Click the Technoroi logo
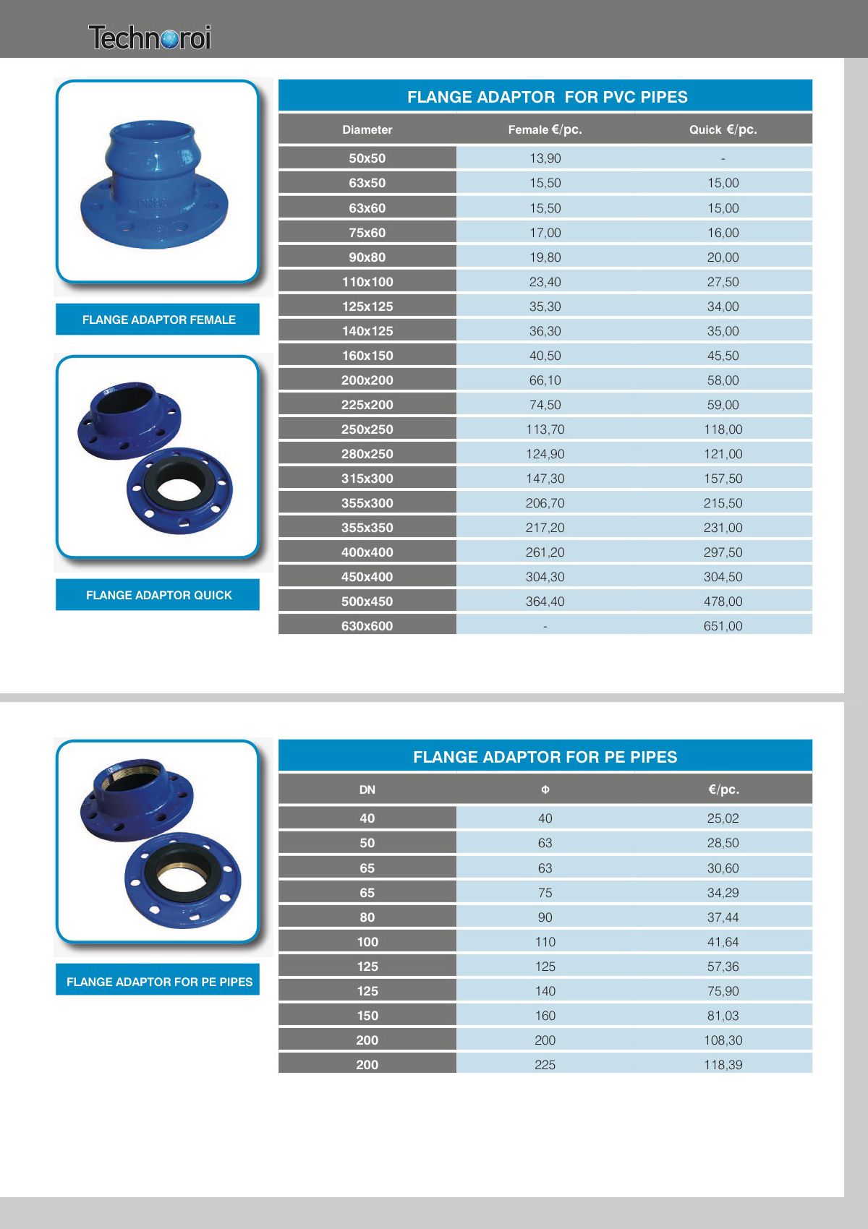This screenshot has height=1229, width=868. [x=150, y=38]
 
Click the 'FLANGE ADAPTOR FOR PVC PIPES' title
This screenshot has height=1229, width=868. [x=547, y=97]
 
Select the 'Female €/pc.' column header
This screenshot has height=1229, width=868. [x=545, y=130]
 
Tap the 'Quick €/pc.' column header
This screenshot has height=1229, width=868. [x=723, y=130]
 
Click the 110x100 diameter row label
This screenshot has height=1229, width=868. [x=367, y=282]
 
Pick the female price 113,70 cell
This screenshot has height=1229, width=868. [x=545, y=429]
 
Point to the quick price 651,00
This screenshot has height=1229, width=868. [x=723, y=626]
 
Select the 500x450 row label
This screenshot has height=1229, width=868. [x=367, y=601]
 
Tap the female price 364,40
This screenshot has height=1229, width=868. [x=545, y=601]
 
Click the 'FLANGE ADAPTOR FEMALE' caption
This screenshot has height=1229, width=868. [x=158, y=320]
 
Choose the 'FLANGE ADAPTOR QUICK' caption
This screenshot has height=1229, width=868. [x=158, y=595]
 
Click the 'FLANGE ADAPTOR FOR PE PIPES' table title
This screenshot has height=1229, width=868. [x=545, y=757]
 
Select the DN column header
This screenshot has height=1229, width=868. [x=367, y=789]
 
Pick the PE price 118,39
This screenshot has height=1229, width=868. [x=723, y=1065]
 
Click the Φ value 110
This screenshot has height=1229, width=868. [x=545, y=942]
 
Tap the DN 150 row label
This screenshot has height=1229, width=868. [x=367, y=1016]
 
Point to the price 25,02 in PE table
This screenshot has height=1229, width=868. [x=723, y=818]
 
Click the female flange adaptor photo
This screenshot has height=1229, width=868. [x=155, y=184]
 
